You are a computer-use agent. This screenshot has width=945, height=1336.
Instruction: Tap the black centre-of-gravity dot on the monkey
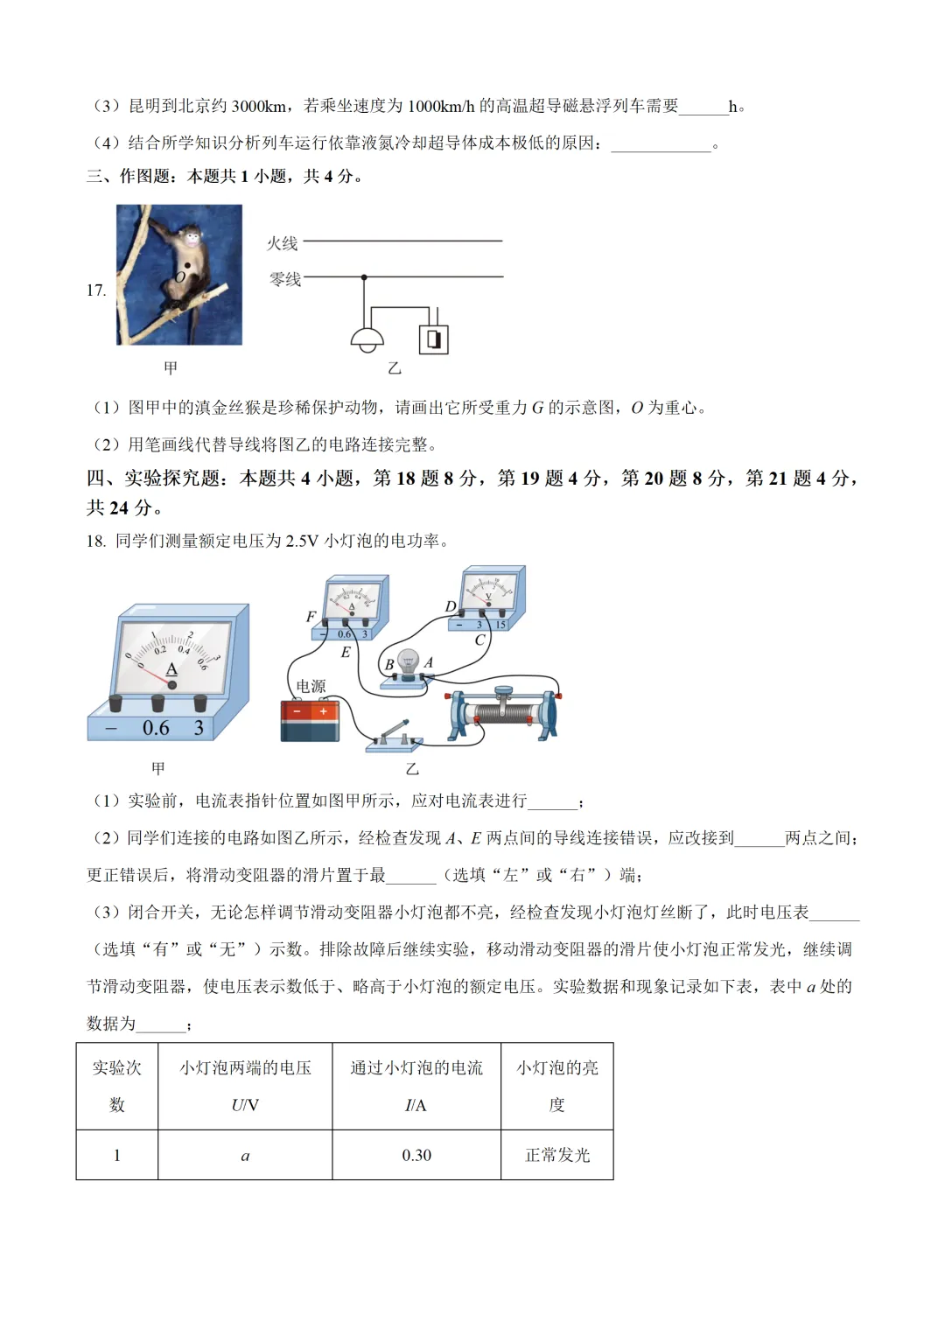(x=187, y=265)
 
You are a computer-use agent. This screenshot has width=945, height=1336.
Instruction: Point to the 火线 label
(x=283, y=243)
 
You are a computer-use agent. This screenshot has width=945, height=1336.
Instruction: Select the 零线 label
(x=284, y=279)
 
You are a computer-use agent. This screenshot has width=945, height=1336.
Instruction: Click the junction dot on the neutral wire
(x=364, y=277)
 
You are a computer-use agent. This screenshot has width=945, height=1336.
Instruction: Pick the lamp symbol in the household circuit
(x=366, y=339)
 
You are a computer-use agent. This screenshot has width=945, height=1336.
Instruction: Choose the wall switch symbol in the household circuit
(x=434, y=339)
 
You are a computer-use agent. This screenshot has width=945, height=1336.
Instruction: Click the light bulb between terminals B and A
(x=408, y=662)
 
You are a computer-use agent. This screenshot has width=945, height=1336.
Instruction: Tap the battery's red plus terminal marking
(x=324, y=712)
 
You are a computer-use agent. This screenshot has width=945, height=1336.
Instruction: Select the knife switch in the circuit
(x=395, y=737)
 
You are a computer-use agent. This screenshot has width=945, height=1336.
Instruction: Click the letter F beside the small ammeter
(x=311, y=617)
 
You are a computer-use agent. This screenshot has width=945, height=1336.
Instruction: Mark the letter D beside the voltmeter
(x=450, y=606)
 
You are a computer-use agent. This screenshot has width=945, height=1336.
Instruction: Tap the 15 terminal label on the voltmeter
(x=500, y=626)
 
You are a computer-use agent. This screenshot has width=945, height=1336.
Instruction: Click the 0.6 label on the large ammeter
(x=156, y=728)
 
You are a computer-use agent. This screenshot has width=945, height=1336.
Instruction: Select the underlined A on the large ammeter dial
(x=171, y=669)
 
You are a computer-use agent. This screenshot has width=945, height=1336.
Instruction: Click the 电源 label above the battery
(x=311, y=686)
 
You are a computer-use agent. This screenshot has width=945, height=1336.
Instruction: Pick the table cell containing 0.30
(x=416, y=1155)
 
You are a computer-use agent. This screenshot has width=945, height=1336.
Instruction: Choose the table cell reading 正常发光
(x=557, y=1155)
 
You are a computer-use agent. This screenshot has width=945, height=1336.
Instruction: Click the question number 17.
(x=96, y=290)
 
